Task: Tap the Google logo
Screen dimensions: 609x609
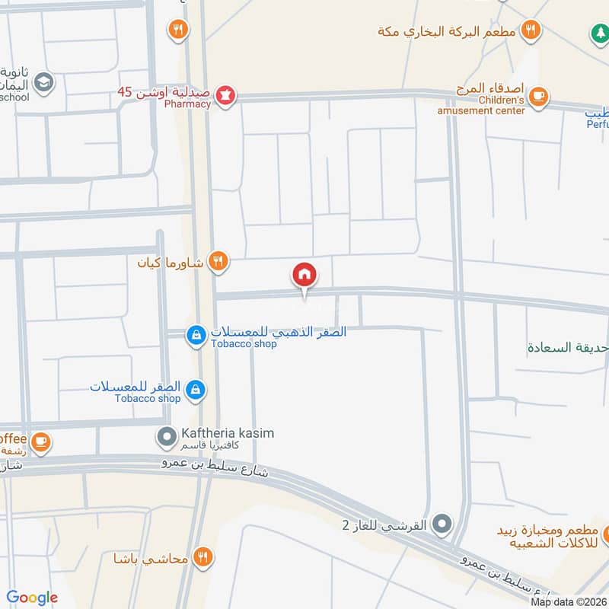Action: (x=32, y=598)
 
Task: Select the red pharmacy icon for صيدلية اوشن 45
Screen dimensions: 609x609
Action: (x=225, y=97)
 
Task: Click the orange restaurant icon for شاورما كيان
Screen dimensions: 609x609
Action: (x=218, y=262)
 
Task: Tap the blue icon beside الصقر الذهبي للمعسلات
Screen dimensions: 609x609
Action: (x=196, y=334)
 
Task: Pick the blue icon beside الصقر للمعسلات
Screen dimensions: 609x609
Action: (x=196, y=389)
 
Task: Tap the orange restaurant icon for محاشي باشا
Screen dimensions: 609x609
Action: (x=202, y=556)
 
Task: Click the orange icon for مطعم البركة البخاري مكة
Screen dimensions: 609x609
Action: (x=531, y=30)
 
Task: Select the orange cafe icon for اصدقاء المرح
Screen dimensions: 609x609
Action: (x=538, y=96)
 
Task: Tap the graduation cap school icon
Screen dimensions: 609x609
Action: (x=45, y=81)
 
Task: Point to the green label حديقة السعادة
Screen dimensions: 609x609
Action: (x=567, y=347)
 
